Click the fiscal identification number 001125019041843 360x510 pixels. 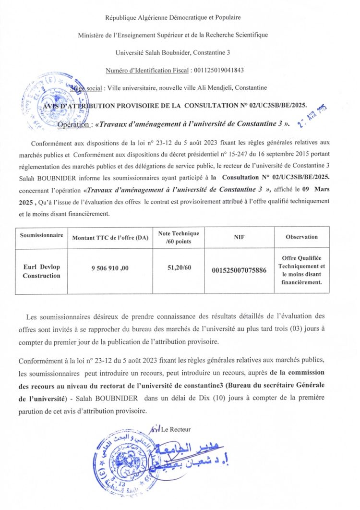click(x=218, y=70)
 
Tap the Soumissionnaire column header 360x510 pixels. click(x=42, y=236)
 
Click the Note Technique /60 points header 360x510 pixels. click(x=179, y=237)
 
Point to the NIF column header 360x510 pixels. click(x=239, y=237)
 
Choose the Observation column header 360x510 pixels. click(x=301, y=237)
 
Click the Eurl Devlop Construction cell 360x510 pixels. click(x=42, y=271)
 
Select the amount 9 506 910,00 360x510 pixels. click(x=110, y=268)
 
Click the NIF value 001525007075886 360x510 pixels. click(x=239, y=271)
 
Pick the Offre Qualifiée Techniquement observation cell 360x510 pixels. click(x=301, y=271)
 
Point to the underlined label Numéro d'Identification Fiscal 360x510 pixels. click(x=147, y=70)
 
